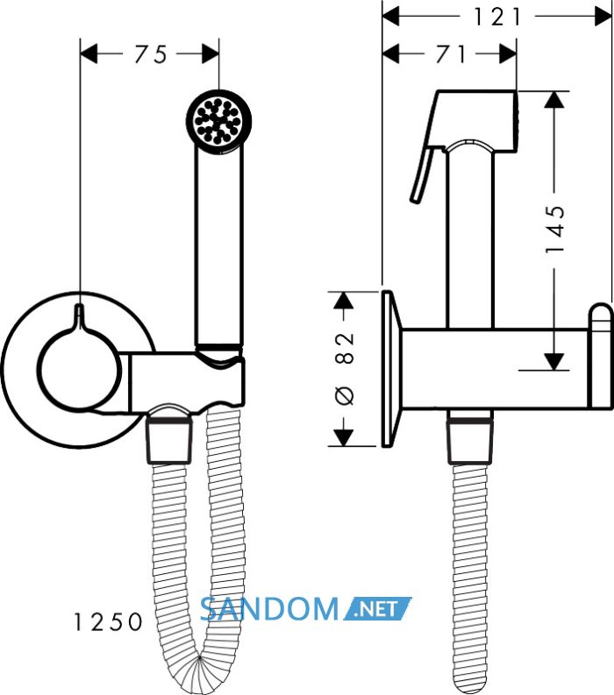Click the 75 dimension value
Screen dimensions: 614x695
[151, 54]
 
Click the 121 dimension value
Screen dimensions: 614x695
[496, 18]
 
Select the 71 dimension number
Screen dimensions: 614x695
[450, 54]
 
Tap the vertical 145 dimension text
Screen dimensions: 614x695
[554, 229]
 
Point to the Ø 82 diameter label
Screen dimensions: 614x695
[345, 369]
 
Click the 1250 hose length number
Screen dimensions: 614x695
[107, 621]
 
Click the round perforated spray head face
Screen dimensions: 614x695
[218, 120]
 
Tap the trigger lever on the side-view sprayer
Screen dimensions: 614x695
[423, 175]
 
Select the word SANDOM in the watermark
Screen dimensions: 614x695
[269, 608]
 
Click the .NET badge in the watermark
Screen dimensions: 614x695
[378, 608]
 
